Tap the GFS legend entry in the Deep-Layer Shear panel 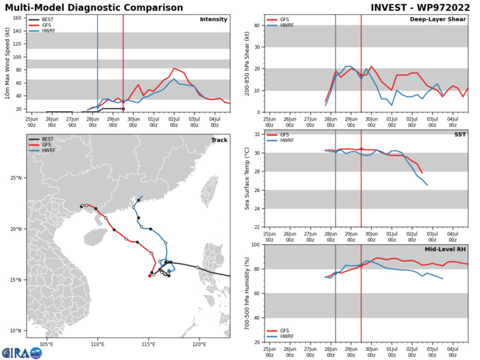pos(283,19)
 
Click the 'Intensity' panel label pos(213,19)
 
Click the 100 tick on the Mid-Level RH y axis pos(256,245)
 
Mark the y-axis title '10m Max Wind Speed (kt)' pos(7,63)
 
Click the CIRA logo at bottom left pos(22,352)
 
